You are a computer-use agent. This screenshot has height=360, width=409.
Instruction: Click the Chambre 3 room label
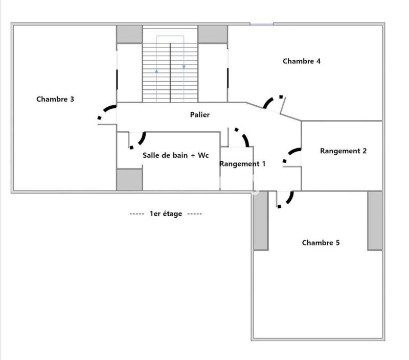point(55,99)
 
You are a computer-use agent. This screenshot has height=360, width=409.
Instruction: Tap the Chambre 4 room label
point(302,61)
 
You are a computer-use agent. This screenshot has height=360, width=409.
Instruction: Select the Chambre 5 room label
point(321,243)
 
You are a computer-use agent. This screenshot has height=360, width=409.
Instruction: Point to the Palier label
point(199,115)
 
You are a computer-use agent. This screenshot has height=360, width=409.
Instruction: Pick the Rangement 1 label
point(242,164)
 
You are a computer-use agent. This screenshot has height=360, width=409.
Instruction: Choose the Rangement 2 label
point(343,151)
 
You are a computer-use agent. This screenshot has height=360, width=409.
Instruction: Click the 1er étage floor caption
point(166,213)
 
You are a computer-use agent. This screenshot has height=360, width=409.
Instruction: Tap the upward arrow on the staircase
point(156,71)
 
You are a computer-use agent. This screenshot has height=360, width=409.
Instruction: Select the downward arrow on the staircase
point(184,66)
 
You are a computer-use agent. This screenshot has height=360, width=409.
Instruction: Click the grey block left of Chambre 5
point(261,221)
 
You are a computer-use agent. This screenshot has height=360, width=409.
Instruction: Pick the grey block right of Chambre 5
point(375,221)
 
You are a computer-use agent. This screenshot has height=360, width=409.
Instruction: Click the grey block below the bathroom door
point(129,179)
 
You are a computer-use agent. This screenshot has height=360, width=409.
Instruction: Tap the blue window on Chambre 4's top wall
point(261,23)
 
